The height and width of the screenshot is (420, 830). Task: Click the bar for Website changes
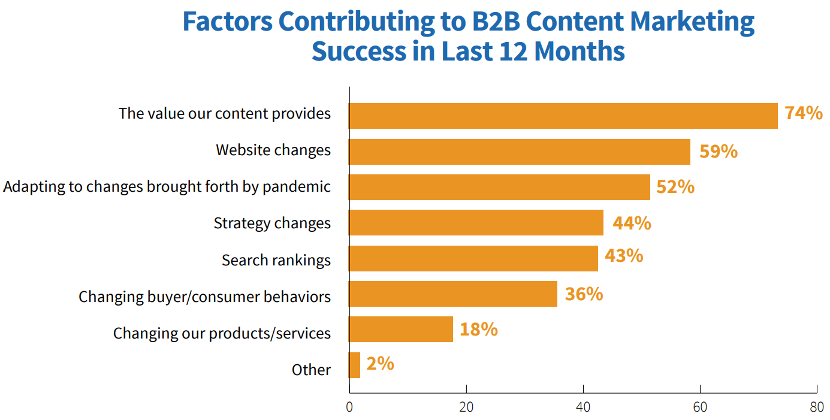pos(520,152)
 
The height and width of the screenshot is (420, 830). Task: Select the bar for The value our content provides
pos(563,116)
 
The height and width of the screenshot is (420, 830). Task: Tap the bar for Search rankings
pos(473,258)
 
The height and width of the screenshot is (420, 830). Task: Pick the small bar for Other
pos(355,365)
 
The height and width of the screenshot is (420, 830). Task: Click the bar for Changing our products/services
pos(401,330)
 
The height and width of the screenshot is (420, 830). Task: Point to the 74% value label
pos(804,113)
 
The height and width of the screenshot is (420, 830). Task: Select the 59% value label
pos(718,151)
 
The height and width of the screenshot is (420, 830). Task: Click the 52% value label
pos(675,187)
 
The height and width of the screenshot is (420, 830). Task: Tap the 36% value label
pos(584,294)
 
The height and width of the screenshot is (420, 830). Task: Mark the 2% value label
pos(380,364)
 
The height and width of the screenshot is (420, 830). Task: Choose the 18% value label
pos(478,330)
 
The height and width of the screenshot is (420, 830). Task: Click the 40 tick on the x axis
pos(583,407)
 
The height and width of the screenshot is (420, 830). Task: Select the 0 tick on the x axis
pos(349,407)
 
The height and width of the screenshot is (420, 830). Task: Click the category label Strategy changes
pos(272,223)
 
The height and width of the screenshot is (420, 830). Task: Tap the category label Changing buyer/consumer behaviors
pos(204,297)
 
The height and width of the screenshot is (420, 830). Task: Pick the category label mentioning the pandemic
pos(167,186)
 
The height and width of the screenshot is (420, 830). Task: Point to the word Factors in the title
pos(227,22)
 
